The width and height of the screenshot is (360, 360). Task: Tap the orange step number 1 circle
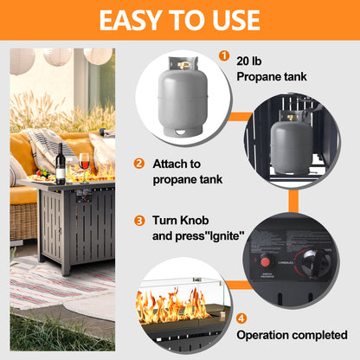point(224,57)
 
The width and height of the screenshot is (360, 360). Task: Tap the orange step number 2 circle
point(138,163)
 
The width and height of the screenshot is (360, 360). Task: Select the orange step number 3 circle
point(138,220)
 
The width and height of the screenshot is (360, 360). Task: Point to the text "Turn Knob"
point(181,220)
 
